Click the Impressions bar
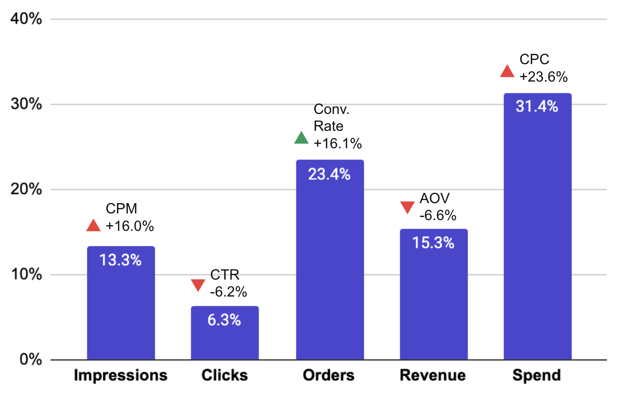(x=121, y=303)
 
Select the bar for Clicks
(x=225, y=333)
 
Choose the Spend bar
(x=537, y=226)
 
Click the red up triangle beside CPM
(x=93, y=225)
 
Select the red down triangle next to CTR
(x=198, y=285)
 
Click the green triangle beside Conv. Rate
(x=301, y=137)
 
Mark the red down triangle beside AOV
(x=407, y=207)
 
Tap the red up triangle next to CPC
(x=507, y=71)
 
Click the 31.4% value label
(x=537, y=107)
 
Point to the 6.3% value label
(x=224, y=320)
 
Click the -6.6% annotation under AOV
(x=438, y=215)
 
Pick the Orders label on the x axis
(x=329, y=376)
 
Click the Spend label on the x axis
(x=537, y=376)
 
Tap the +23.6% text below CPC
(x=543, y=77)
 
